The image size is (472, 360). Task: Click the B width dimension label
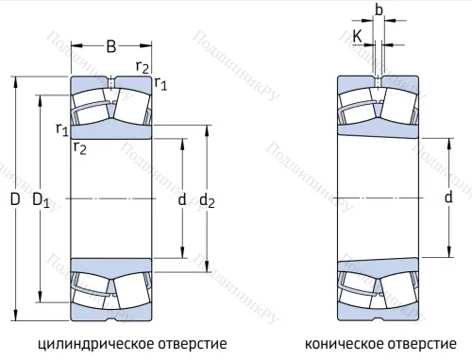tap(110, 45)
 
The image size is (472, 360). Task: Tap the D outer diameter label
tap(14, 200)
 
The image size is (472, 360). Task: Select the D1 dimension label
tap(41, 200)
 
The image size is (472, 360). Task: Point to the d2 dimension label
tap(209, 200)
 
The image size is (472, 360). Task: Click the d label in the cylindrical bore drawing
tap(182, 200)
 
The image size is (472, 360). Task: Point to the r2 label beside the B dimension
tap(143, 65)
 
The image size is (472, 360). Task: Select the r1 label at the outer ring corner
tap(161, 84)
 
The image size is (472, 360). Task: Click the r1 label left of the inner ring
tap(61, 129)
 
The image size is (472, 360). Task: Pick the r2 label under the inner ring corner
tap(81, 146)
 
